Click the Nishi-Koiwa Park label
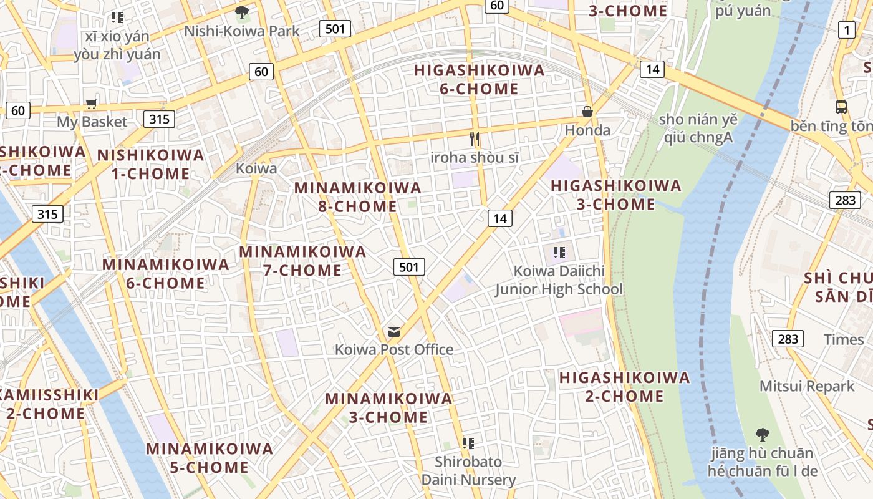(242, 31)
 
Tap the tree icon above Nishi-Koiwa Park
(242, 12)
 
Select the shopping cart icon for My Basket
(92, 104)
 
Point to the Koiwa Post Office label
(394, 349)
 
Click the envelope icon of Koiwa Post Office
(394, 331)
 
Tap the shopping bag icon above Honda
(587, 112)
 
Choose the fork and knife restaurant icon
(475, 138)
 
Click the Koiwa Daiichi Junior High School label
(559, 281)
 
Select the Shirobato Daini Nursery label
(468, 471)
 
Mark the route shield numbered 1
(846, 29)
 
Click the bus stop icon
(841, 107)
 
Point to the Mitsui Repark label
(807, 386)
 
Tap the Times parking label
(844, 339)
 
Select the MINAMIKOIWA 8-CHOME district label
(358, 196)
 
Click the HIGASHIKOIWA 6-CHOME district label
(480, 79)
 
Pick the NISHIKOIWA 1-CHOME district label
(150, 164)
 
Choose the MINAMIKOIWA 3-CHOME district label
(388, 407)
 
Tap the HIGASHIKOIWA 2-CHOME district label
(625, 387)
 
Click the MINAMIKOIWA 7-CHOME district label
(302, 261)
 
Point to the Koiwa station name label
(256, 168)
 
